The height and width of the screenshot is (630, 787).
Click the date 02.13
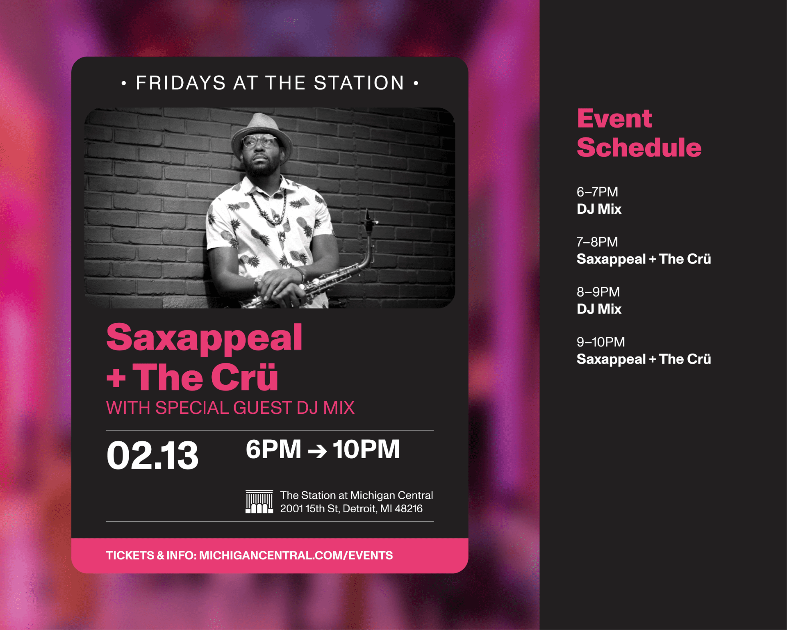152,455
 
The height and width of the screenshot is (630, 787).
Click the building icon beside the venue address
259,502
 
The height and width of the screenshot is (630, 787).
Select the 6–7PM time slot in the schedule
597,192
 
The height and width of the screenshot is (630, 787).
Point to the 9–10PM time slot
600,342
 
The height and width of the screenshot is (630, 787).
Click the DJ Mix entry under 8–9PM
599,309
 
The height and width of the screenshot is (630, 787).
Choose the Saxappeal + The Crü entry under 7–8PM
644,259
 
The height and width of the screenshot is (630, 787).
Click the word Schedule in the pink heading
639,148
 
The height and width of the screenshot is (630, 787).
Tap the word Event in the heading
614,119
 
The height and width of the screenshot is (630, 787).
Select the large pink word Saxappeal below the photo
204,338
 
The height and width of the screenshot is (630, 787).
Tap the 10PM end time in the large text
366,450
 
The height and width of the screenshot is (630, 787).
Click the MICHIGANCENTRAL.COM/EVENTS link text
296,555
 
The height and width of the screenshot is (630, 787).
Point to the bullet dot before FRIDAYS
124,83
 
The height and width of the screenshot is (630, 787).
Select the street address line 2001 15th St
351,509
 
